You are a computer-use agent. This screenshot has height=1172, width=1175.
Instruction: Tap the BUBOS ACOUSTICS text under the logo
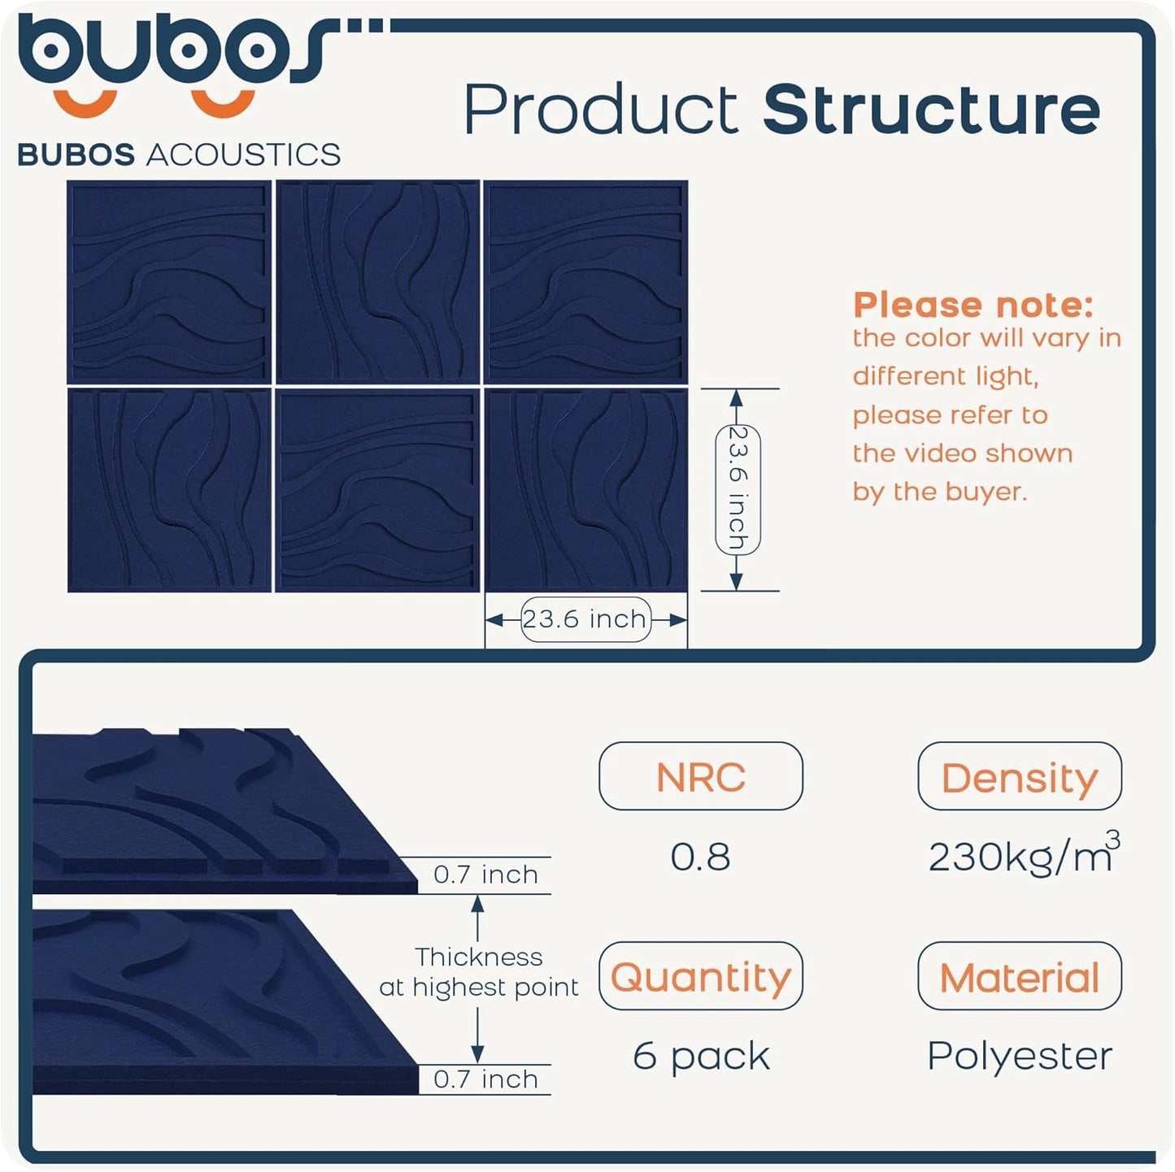click(179, 154)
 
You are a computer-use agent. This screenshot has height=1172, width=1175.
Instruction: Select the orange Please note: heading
click(973, 305)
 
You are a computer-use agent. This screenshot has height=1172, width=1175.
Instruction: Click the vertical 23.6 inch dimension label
click(738, 489)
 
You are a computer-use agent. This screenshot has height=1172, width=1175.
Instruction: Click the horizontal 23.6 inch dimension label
click(585, 619)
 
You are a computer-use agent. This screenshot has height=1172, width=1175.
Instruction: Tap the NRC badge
click(700, 776)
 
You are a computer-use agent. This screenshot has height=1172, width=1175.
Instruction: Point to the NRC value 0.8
click(700, 857)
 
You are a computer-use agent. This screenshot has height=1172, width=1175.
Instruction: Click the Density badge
click(1019, 776)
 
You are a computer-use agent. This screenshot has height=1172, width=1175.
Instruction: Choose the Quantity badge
click(700, 976)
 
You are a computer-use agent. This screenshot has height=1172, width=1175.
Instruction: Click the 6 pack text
click(700, 1056)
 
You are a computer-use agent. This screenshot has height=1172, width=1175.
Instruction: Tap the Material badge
click(1019, 976)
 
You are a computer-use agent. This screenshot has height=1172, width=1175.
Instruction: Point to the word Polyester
click(1019, 1056)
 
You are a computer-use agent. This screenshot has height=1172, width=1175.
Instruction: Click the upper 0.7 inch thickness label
click(485, 875)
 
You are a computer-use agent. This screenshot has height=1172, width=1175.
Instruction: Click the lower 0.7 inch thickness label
click(485, 1079)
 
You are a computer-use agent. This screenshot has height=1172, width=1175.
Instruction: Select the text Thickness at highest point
click(479, 972)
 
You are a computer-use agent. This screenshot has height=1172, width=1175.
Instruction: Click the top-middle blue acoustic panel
click(377, 281)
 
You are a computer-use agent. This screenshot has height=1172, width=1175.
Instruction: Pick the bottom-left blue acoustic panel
click(169, 490)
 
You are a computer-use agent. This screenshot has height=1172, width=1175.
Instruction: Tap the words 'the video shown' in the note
click(962, 453)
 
